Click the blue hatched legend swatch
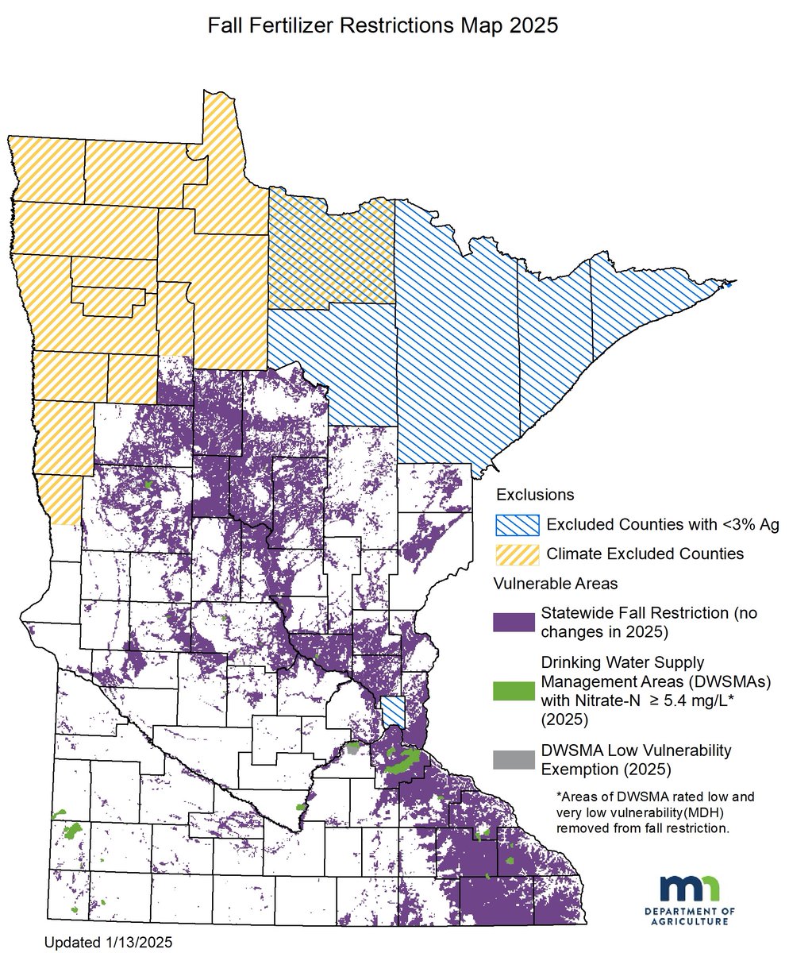(x=515, y=524)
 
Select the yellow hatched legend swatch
(x=515, y=554)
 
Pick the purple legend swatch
(x=515, y=622)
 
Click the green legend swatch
(x=515, y=691)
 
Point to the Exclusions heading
(x=534, y=495)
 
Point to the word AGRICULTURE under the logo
(x=690, y=921)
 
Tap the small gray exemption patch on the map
(x=352, y=747)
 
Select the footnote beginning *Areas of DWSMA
(x=656, y=812)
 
